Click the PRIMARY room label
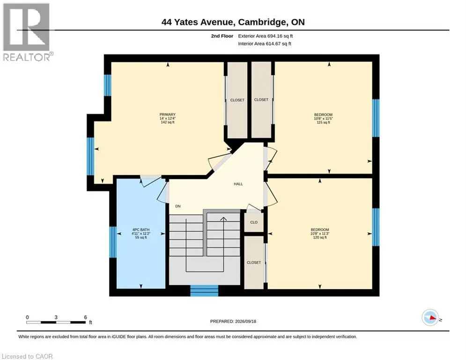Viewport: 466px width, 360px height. coord(168,114)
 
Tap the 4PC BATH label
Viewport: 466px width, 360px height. coord(141,230)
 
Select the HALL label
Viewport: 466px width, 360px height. coord(238,184)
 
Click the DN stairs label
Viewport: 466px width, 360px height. coord(178,206)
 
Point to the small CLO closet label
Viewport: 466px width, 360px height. coord(254,222)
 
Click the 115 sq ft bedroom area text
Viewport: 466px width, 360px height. coord(323,122)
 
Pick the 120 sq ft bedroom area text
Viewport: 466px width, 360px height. coord(320,237)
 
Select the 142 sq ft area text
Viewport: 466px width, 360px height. coord(168,122)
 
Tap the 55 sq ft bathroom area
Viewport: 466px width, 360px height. coord(141,237)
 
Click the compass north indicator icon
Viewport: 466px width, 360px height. coord(430,317)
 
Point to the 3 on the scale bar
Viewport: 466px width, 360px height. coord(56,317)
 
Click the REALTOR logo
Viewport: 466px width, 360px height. coord(27,32)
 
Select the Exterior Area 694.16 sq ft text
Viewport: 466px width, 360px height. coord(266,36)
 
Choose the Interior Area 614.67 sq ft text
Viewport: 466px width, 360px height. coord(265,44)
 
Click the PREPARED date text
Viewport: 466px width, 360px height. coord(233,321)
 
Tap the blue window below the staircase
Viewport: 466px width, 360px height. coord(204,291)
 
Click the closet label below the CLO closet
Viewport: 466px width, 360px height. coord(254,262)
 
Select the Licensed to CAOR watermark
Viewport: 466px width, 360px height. coord(27,356)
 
